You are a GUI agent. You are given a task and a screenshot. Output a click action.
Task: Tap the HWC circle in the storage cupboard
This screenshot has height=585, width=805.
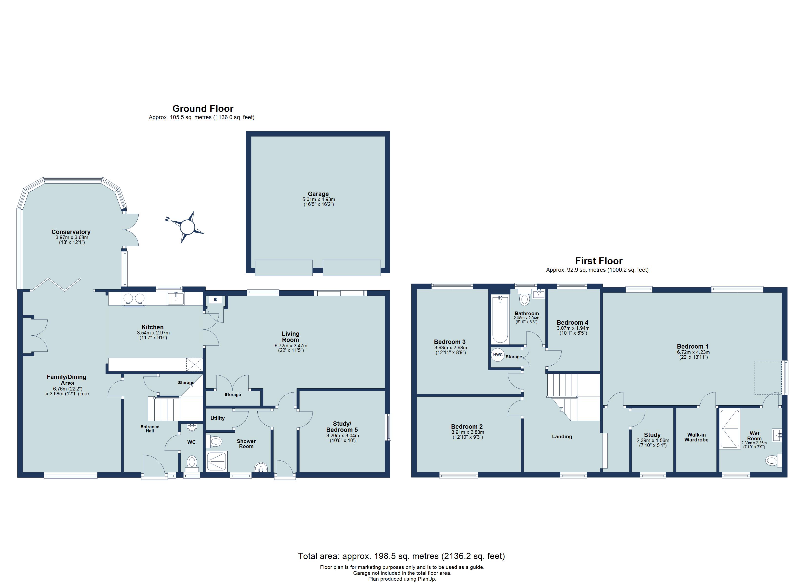(498, 355)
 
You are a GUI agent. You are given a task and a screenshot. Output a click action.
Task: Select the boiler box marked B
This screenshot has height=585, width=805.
(215, 300)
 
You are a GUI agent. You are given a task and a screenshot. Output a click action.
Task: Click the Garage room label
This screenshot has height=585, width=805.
(318, 194)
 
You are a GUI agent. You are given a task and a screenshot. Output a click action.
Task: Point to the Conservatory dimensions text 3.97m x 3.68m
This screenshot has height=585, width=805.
(72, 237)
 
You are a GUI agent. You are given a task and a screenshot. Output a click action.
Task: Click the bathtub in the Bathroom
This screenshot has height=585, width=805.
(500, 319)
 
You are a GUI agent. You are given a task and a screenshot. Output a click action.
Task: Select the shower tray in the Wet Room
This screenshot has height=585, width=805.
(730, 429)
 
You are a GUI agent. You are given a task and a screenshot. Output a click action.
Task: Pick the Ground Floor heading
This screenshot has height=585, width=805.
(203, 108)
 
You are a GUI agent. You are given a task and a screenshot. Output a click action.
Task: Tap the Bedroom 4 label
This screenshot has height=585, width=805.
(572, 322)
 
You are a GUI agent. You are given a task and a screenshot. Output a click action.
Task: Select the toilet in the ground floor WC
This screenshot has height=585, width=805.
(192, 462)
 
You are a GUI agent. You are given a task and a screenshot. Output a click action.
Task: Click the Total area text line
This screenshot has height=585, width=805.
(401, 556)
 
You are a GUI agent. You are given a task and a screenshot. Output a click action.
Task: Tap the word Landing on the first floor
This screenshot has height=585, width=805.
(562, 437)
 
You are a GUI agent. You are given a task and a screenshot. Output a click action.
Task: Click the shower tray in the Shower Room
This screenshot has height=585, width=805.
(217, 461)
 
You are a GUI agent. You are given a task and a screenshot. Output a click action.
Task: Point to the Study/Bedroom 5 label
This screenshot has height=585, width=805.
(342, 427)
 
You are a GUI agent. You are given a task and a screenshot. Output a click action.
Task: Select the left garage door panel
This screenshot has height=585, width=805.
(284, 267)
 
